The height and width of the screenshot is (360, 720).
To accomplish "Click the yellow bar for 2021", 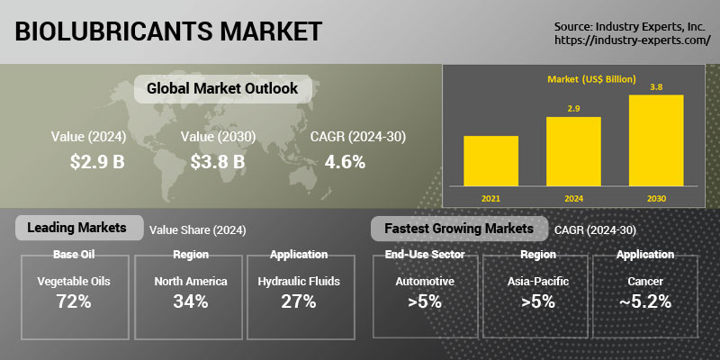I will tap(490, 160).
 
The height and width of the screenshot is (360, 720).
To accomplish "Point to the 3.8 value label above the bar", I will tap(656, 87).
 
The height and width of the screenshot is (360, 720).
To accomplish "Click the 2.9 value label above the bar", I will tap(573, 109).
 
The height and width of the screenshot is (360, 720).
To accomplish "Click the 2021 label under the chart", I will tap(490, 197).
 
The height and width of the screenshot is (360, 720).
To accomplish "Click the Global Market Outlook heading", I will tap(216, 89).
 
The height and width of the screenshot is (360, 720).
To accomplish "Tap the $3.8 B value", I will tap(218, 162).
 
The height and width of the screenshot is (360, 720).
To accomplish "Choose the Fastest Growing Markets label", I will tap(458, 229).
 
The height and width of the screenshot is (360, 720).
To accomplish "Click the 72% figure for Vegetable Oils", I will tap(74, 301).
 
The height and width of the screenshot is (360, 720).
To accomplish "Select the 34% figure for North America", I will tap(191, 301).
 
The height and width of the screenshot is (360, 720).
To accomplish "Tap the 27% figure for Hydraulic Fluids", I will tap(298, 301).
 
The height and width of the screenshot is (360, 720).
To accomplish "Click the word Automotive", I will tap(425, 282).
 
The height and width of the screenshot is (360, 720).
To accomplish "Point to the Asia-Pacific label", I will tap(538, 282).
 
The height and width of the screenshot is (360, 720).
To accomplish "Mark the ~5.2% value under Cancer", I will tap(645, 301).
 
